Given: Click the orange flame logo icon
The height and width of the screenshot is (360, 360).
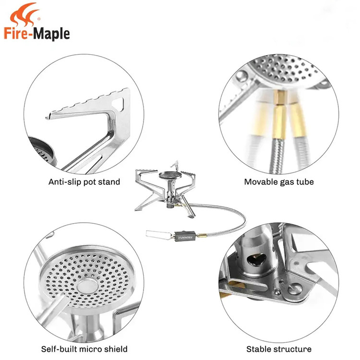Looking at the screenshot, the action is [24, 14].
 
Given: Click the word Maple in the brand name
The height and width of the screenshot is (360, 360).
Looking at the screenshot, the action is [51, 34].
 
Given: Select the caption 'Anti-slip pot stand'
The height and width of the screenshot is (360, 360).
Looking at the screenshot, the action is [84, 182].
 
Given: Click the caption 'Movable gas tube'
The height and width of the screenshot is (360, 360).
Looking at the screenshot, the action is [279, 182].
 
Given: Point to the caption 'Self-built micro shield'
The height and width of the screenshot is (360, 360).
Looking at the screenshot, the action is [84, 349].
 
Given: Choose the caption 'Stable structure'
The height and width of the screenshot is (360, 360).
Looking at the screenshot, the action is [279, 349].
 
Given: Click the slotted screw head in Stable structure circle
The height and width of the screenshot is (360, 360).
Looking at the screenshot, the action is [295, 289].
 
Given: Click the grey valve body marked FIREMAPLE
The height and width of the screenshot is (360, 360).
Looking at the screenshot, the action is [185, 236].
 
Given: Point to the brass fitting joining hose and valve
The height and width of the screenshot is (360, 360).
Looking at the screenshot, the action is [201, 235].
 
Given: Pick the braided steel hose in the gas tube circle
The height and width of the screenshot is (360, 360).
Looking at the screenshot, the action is [276, 156].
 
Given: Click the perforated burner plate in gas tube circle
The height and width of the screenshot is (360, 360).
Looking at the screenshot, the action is [285, 69].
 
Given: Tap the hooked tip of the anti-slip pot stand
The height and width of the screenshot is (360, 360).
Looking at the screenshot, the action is [48, 117].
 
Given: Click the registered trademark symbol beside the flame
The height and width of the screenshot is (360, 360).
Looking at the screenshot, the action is [39, 19].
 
